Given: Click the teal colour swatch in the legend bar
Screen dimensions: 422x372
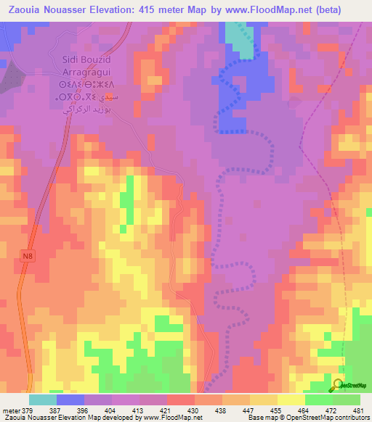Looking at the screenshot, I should [43, 400].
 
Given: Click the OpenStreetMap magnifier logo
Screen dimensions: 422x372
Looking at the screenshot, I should [339, 384].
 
